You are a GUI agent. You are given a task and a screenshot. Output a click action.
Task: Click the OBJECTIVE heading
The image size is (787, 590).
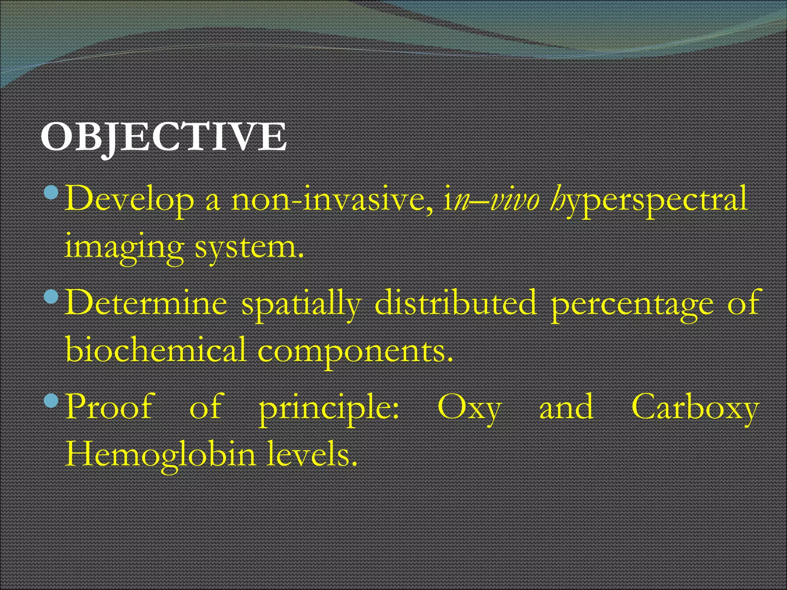[163, 137]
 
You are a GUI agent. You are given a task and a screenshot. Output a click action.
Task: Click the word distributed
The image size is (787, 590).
[455, 303]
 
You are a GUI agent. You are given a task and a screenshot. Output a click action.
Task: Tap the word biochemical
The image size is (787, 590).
[156, 350]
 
